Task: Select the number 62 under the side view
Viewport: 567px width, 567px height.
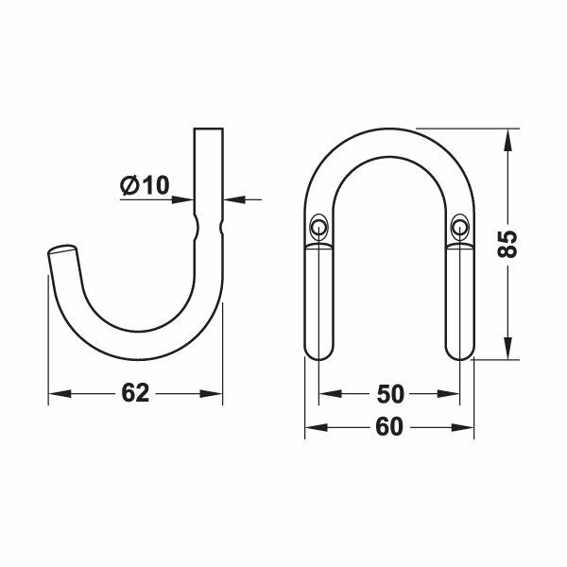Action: (x=136, y=394)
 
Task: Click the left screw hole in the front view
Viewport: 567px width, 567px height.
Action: (x=318, y=225)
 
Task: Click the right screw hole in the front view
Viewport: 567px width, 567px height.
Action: (x=460, y=225)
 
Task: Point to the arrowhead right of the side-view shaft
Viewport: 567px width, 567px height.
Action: (x=232, y=199)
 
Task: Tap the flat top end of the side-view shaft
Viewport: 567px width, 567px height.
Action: (x=209, y=128)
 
